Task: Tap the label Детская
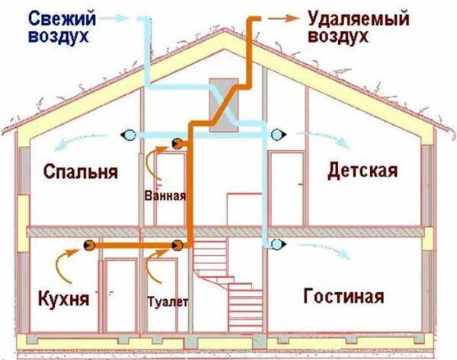pyautogui.click(x=363, y=170)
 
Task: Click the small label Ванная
pyautogui.click(x=165, y=195)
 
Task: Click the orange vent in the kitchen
pyautogui.click(x=88, y=245)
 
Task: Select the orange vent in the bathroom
pyautogui.click(x=177, y=142)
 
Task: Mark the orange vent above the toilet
pyautogui.click(x=177, y=245)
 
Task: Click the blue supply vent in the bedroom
pyautogui.click(x=127, y=135)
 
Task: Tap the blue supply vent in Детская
pyautogui.click(x=277, y=135)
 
